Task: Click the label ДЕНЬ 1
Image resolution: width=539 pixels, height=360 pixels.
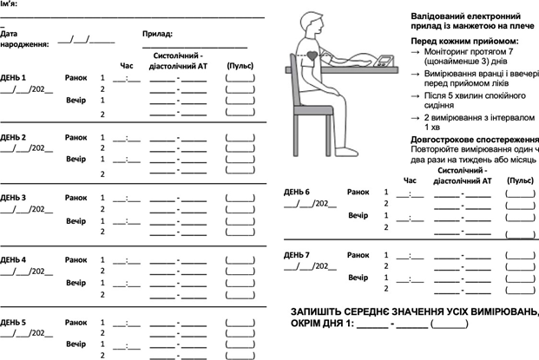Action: click(x=13, y=76)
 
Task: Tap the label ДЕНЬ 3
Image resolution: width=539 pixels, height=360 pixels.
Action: click(x=13, y=198)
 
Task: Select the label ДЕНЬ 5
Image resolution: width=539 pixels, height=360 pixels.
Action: click(x=13, y=322)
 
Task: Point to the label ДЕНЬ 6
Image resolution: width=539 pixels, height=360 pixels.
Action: click(x=297, y=191)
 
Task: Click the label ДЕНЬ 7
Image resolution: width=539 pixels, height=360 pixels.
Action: click(x=297, y=255)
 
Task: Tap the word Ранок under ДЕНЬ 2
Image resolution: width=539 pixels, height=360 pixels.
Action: click(x=77, y=137)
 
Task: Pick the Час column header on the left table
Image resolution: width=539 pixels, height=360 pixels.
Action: click(x=128, y=65)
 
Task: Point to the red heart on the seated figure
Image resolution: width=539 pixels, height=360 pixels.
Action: click(x=313, y=55)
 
